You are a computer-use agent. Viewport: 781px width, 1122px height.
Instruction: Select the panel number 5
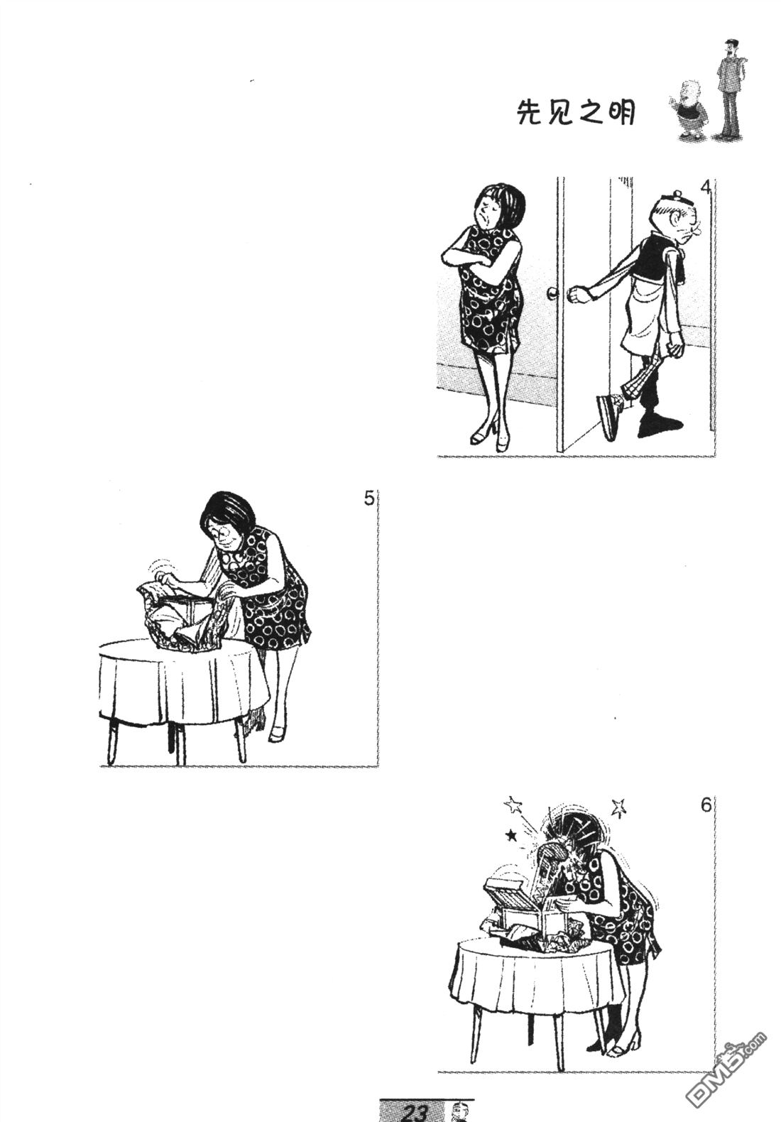point(368,499)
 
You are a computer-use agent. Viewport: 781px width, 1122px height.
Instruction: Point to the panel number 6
point(706,806)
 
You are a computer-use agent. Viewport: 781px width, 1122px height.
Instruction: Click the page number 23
point(415,1113)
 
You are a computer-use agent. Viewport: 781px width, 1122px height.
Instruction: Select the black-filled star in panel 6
point(511,834)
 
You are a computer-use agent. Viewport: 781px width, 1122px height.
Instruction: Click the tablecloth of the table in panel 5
point(182,682)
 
